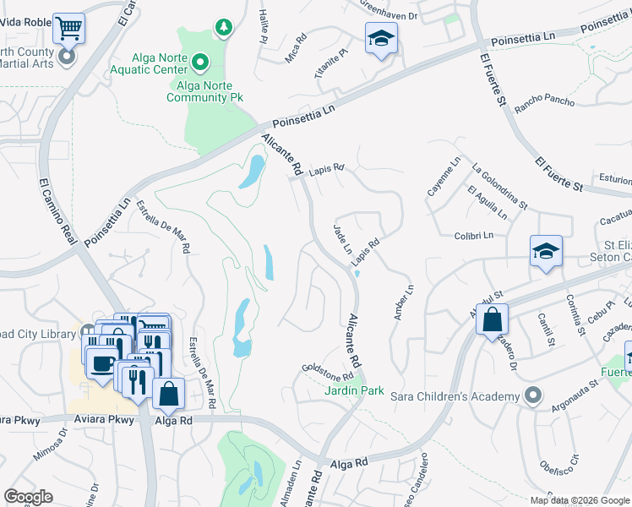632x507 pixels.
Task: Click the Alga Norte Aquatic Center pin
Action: tap(200, 62)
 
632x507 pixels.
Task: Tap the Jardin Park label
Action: tap(355, 390)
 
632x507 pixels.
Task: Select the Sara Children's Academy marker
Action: tap(532, 395)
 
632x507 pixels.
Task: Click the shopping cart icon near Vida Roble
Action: tap(68, 28)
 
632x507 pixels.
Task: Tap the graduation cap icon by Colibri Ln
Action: tap(547, 251)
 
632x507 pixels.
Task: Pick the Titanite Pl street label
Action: tap(330, 64)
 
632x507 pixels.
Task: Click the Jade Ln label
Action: tap(342, 239)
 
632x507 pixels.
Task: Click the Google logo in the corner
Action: tap(29, 497)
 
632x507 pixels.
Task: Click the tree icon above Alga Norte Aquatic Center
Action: tap(223, 28)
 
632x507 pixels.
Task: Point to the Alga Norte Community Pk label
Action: tap(204, 91)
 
